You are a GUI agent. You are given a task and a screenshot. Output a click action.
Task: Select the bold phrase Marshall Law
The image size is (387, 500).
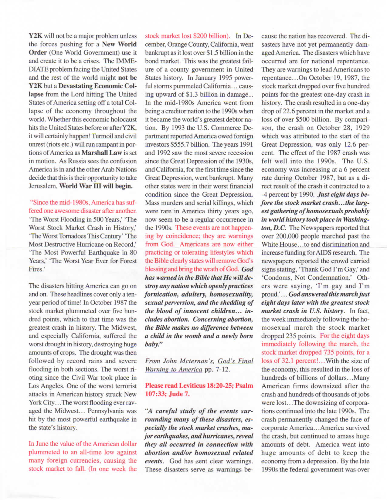point(102,153)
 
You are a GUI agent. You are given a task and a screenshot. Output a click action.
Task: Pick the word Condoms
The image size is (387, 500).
point(275,278)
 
